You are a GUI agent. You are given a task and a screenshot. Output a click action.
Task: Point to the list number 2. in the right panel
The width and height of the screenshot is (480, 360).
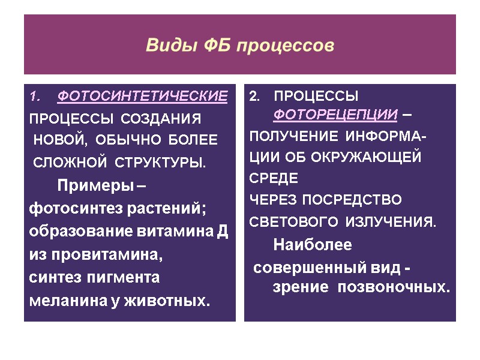[254, 96]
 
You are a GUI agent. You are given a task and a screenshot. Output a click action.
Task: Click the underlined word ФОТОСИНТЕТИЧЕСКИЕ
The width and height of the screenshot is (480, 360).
[142, 96]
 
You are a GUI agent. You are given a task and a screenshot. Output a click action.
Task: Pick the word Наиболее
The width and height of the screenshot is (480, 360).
[313, 245]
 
